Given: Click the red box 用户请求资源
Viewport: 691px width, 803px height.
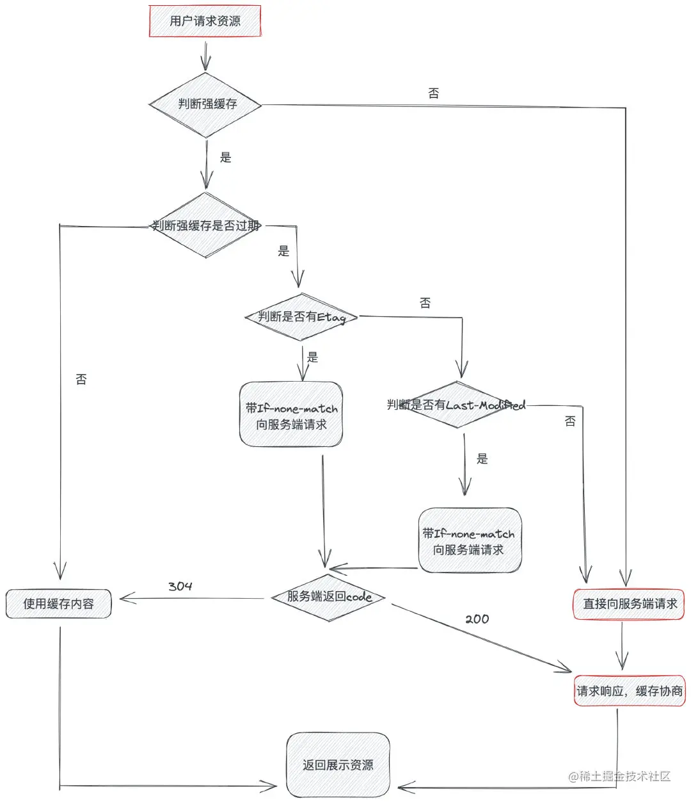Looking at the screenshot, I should (205, 21).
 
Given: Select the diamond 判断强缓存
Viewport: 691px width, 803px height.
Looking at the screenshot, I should (205, 104).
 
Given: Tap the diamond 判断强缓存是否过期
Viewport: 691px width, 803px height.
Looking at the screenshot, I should (205, 225).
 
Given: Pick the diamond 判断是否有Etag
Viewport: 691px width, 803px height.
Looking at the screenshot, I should (301, 317).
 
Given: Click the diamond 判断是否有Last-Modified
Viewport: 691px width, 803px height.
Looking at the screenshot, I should (456, 405).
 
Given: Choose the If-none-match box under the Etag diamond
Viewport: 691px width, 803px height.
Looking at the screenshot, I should (291, 416).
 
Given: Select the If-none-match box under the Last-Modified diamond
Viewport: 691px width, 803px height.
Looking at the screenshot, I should (469, 541).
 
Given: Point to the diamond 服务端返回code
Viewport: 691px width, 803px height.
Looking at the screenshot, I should (329, 597).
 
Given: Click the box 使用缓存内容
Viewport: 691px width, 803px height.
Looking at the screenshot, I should (58, 604).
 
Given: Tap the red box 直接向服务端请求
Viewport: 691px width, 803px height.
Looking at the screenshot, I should (630, 604).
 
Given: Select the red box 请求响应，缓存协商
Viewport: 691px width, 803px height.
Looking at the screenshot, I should (630, 691).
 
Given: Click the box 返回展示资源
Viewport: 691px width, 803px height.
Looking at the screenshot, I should (338, 765).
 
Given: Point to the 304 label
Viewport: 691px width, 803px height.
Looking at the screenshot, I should (180, 587).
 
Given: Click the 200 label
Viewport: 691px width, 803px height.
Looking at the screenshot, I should (477, 619).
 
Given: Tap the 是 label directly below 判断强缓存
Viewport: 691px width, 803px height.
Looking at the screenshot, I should (226, 158).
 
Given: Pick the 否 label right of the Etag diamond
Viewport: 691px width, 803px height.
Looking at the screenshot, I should (425, 303).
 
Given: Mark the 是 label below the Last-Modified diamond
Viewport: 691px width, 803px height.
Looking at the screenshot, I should (482, 458).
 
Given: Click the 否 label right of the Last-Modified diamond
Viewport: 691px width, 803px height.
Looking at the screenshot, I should (570, 421).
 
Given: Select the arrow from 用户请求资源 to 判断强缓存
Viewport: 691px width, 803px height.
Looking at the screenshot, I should (205, 56).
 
